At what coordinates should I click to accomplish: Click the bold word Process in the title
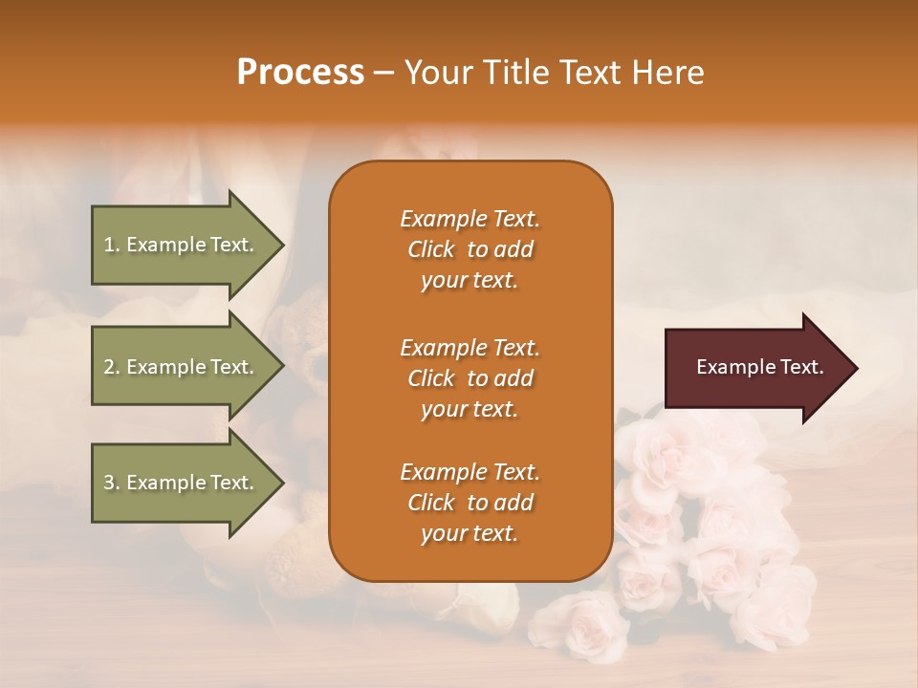[x=300, y=73]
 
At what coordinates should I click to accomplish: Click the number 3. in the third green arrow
[x=112, y=483]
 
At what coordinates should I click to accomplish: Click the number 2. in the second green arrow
[x=112, y=367]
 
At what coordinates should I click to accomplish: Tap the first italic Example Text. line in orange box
[x=470, y=219]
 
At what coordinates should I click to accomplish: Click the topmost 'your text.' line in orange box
[x=470, y=281]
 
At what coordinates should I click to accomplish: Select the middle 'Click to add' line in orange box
[x=470, y=378]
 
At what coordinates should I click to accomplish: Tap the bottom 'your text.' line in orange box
[x=470, y=534]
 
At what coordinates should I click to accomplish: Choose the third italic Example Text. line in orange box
[x=470, y=472]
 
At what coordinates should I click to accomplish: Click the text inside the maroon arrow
[x=759, y=367]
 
